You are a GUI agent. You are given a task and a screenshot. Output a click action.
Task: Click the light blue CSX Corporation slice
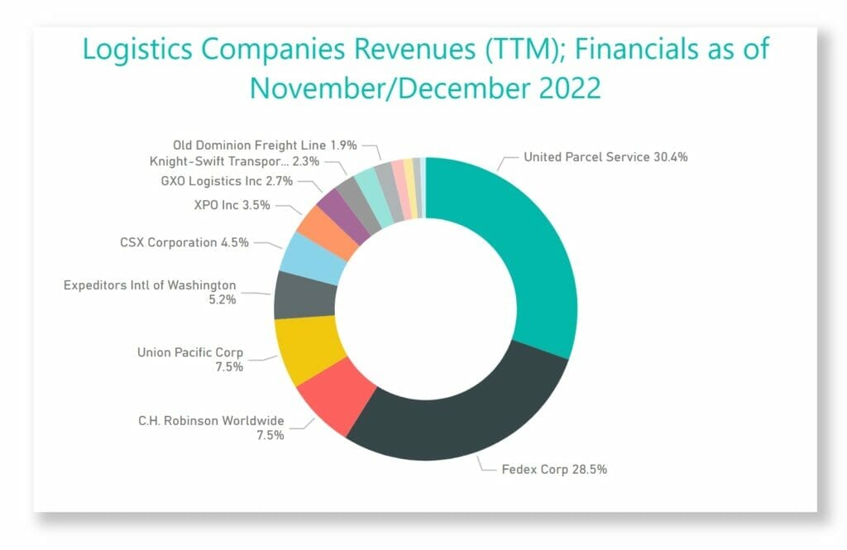(x=312, y=256)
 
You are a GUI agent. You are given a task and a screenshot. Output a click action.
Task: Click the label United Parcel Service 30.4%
(x=605, y=157)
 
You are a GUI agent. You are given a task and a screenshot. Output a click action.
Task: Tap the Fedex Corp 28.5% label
(x=554, y=469)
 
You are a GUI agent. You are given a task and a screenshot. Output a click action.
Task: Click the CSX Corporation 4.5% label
(x=184, y=243)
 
